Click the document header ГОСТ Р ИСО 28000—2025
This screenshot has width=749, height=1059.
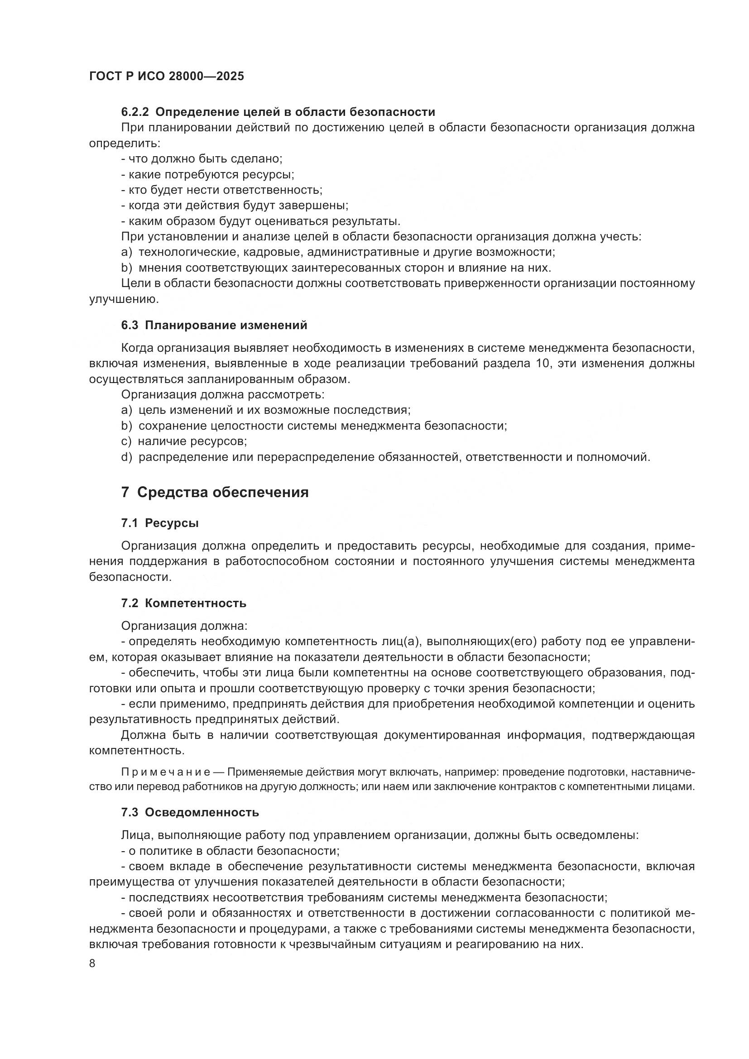(x=167, y=76)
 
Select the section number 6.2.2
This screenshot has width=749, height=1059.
(x=134, y=112)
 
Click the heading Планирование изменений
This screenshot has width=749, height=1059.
(x=226, y=325)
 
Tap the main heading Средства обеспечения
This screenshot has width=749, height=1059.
(x=223, y=493)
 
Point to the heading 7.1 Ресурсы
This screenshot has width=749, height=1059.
(x=160, y=523)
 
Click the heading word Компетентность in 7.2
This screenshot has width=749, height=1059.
(x=196, y=603)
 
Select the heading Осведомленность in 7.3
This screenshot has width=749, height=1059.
(x=202, y=812)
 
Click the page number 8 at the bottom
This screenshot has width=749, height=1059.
(x=92, y=963)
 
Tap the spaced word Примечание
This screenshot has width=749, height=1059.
(x=166, y=772)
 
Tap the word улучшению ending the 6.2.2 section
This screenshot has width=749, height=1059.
(x=124, y=299)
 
